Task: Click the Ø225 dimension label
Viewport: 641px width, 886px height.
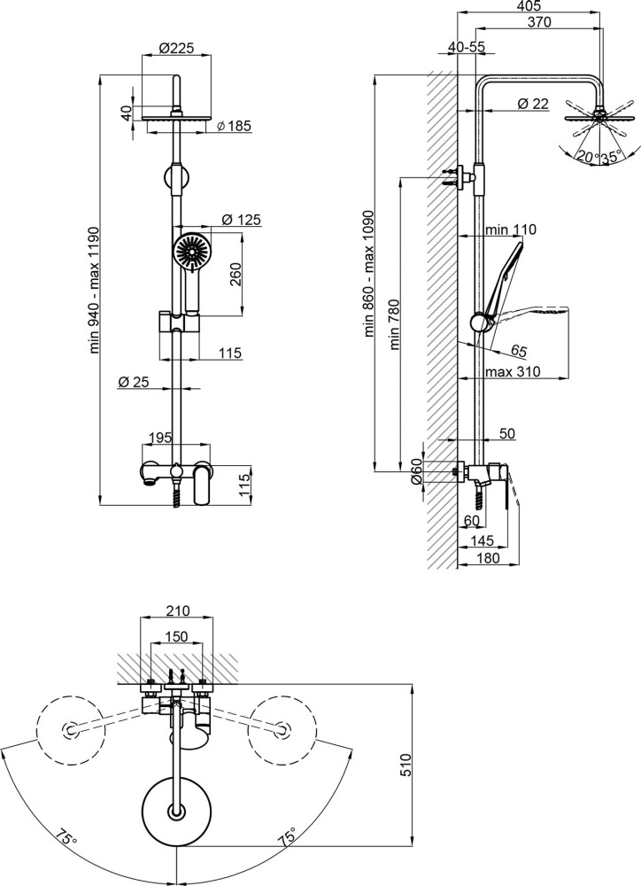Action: tap(176, 48)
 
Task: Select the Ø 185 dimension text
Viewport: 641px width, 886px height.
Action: tap(234, 126)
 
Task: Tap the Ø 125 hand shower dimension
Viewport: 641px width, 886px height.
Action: tap(242, 220)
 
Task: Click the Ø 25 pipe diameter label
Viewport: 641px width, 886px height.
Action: tap(134, 382)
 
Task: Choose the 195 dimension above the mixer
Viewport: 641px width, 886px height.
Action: tap(159, 438)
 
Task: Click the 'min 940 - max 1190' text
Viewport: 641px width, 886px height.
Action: tap(95, 290)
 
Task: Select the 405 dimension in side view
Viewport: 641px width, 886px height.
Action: tap(529, 6)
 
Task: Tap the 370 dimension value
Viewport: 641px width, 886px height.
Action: tap(540, 22)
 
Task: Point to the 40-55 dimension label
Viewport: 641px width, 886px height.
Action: tap(467, 48)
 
